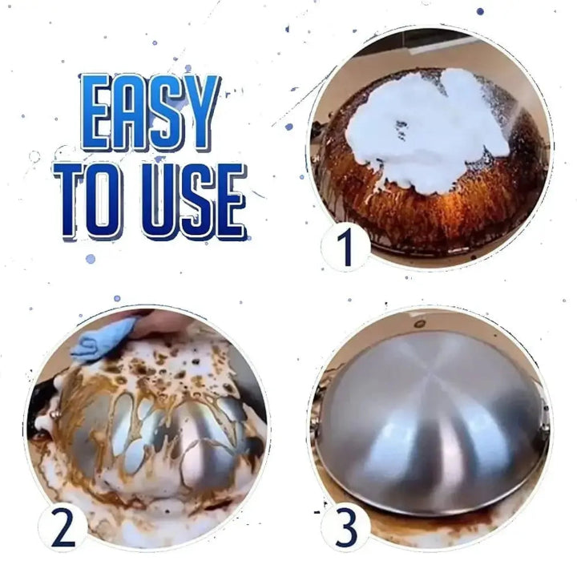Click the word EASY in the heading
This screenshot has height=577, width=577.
(x=149, y=114)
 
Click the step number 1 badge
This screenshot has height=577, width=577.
(x=345, y=248)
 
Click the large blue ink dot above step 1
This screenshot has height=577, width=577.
(x=480, y=11)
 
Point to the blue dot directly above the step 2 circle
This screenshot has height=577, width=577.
(x=117, y=298)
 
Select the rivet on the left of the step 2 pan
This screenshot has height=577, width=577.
(x=57, y=414)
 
